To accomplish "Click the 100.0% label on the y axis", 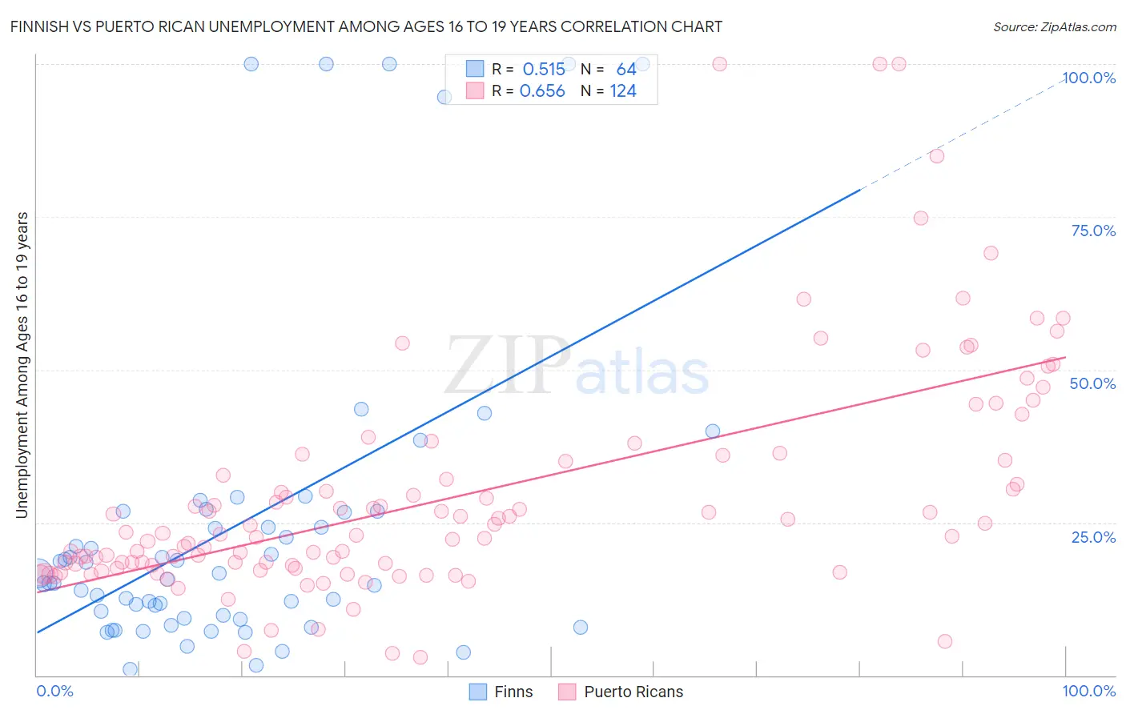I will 1088,78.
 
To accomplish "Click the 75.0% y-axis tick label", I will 1093,231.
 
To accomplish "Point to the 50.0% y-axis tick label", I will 1092,383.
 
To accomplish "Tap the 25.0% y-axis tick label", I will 1093,536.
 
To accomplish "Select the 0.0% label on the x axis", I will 54,691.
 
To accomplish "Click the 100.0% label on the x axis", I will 1088,691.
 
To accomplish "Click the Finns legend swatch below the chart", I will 478,692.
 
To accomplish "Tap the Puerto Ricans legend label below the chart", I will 633,692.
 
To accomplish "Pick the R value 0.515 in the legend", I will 544,70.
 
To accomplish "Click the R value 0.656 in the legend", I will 542,91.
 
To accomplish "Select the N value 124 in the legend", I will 623,91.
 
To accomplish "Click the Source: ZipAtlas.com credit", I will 1054,26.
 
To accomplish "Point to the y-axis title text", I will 22,365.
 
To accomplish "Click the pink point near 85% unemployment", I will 937,156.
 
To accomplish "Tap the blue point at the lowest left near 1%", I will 131,669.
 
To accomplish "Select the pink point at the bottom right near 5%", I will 945,641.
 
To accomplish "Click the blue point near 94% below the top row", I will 444,97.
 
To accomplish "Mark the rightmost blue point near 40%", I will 713,431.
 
